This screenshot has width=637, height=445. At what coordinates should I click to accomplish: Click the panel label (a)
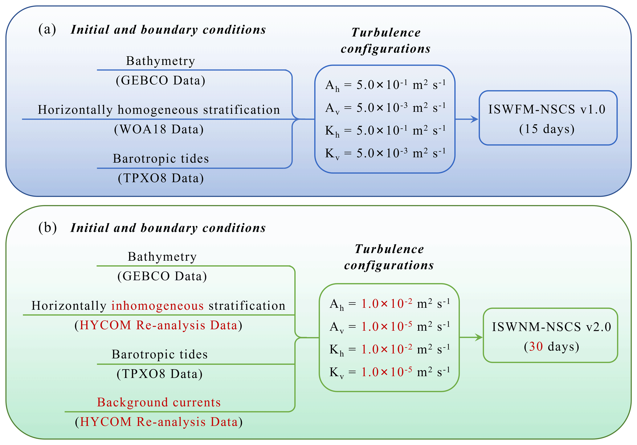point(47,30)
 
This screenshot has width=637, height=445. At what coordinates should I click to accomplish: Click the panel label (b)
point(47,228)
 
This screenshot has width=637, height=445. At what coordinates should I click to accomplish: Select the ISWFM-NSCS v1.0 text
point(547,109)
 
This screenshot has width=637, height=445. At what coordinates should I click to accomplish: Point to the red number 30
point(536,347)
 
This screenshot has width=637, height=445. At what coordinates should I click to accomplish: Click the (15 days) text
point(547,129)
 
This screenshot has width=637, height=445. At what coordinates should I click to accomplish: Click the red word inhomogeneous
point(157,306)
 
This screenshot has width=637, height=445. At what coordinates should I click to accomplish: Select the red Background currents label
point(159,402)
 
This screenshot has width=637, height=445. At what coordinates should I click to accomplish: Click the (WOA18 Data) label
point(159,129)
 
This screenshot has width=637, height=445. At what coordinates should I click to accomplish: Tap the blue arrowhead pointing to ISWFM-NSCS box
point(475,119)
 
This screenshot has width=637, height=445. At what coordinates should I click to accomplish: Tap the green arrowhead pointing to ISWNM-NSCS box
point(479,337)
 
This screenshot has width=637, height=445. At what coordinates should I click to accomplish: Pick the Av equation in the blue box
point(385,108)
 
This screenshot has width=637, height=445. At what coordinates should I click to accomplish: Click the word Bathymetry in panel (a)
point(161,61)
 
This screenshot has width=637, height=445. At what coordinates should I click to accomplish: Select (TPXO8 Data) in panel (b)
point(160,374)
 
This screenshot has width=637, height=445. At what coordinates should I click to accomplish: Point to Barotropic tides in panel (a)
point(161,159)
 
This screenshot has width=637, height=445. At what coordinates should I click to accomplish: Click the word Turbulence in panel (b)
point(389,249)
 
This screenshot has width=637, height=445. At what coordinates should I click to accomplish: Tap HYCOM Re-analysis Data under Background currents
point(159,422)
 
